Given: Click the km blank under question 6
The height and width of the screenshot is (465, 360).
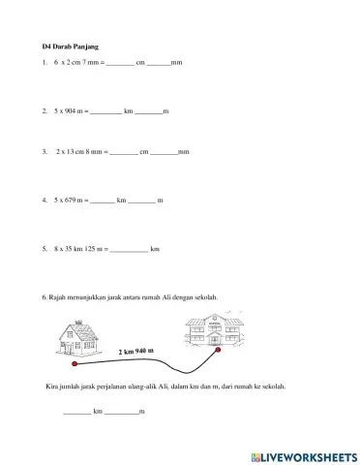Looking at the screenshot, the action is pyautogui.click(x=77, y=412).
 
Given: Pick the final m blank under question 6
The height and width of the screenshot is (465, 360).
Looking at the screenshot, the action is pyautogui.click(x=122, y=412).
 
